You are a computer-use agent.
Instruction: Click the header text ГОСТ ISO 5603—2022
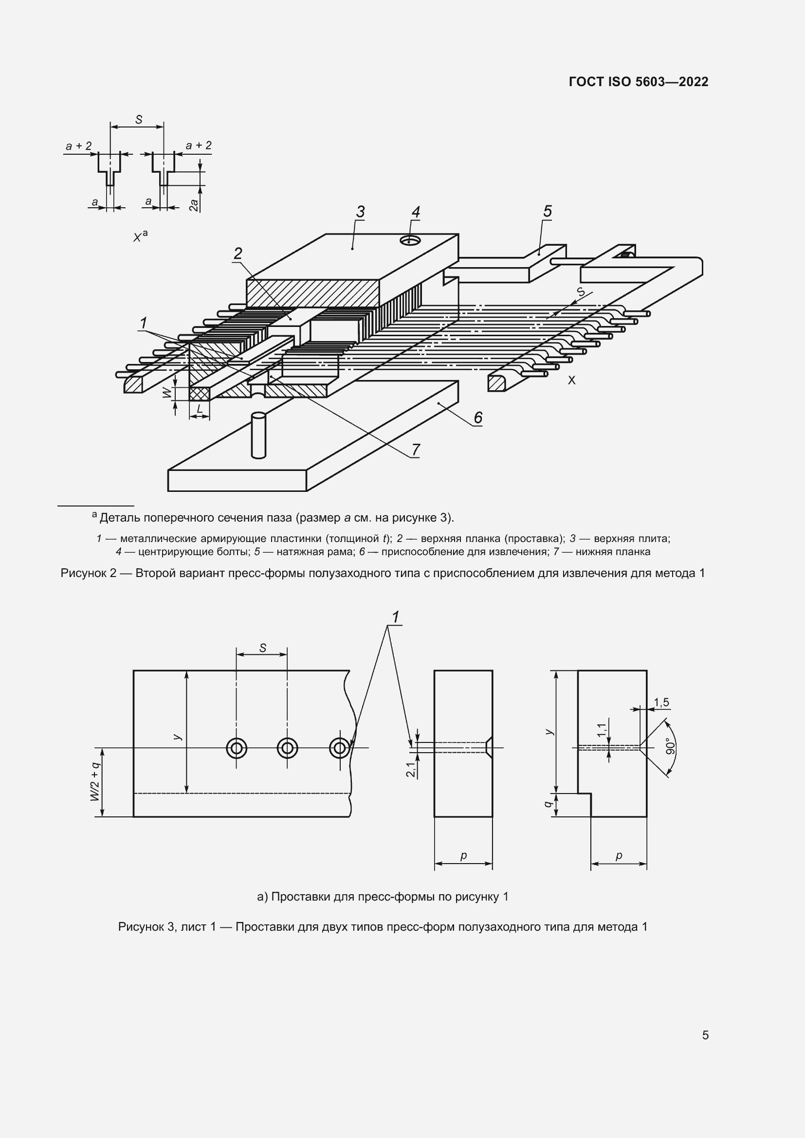click(x=639, y=82)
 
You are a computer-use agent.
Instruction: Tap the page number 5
click(x=705, y=1035)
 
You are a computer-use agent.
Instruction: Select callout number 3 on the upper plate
click(x=360, y=212)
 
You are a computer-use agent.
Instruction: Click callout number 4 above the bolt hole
click(x=415, y=213)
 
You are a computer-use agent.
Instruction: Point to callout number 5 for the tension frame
click(x=547, y=212)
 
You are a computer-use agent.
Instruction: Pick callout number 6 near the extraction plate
click(x=477, y=418)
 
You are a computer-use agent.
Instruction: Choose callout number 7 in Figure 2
click(x=415, y=450)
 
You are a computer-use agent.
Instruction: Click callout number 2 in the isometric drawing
click(x=238, y=254)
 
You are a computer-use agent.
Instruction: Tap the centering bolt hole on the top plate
click(x=410, y=241)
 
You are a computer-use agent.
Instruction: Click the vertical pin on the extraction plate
click(x=259, y=434)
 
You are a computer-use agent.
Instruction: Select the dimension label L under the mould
click(x=199, y=409)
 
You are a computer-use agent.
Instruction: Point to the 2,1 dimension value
click(x=411, y=770)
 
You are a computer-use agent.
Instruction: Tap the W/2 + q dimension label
click(x=95, y=782)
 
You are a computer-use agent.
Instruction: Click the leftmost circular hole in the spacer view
click(x=237, y=748)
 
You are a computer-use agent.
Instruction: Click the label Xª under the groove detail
click(x=140, y=236)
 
